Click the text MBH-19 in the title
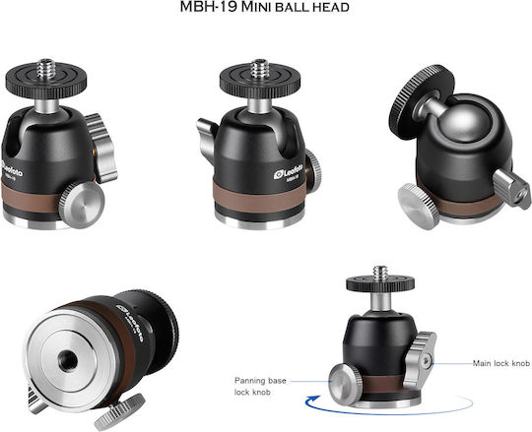coord(208,7)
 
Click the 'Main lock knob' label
coord(501,363)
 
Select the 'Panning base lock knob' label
coord(260,387)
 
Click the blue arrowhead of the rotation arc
coord(311,401)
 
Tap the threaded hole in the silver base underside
coord(68,361)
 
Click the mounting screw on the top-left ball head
coord(46,69)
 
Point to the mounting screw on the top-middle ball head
coord(260,69)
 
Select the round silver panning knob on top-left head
coord(82,205)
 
